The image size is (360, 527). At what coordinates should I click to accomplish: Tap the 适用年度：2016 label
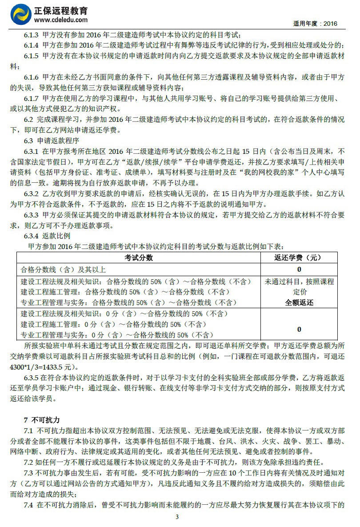click(x=316, y=24)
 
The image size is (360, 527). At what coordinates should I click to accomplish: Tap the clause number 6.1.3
click(x=31, y=35)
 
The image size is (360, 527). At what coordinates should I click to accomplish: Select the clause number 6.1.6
click(x=31, y=77)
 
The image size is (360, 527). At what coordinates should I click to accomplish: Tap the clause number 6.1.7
click(x=31, y=98)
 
